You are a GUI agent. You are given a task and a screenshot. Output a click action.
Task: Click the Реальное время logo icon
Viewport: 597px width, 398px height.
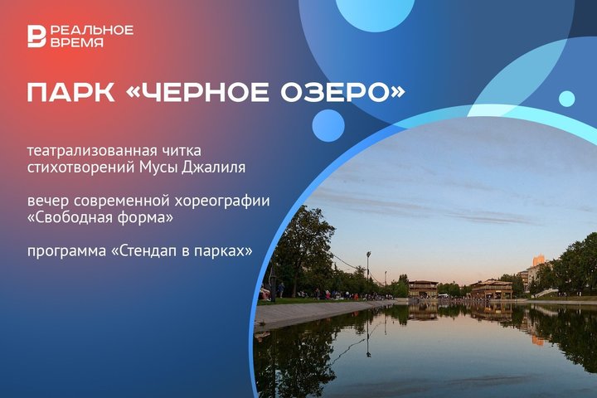pyautogui.click(x=37, y=36)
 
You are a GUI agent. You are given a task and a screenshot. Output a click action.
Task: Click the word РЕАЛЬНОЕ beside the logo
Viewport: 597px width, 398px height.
pyautogui.click(x=92, y=30)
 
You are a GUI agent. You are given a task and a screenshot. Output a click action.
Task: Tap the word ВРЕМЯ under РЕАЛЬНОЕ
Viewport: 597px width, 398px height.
pyautogui.click(x=77, y=42)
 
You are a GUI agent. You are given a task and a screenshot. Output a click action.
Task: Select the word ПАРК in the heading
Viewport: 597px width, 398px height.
pyautogui.click(x=70, y=92)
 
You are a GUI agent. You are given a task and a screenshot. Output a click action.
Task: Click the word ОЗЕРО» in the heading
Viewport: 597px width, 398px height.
pyautogui.click(x=342, y=92)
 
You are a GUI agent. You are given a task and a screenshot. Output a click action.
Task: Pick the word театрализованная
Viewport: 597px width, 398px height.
pyautogui.click(x=92, y=150)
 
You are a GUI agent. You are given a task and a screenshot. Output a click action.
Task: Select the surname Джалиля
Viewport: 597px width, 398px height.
pyautogui.click(x=213, y=167)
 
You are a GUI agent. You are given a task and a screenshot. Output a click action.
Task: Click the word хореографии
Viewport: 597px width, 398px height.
pyautogui.click(x=222, y=201)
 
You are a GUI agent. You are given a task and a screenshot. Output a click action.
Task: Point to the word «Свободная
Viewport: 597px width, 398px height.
pyautogui.click(x=68, y=218)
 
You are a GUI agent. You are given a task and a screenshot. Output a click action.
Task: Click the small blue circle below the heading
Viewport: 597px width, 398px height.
pyautogui.click(x=328, y=126)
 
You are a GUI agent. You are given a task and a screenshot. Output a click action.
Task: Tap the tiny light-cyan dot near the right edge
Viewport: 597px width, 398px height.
pyautogui.click(x=567, y=99)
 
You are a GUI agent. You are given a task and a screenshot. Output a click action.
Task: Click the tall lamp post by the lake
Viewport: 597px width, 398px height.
pyautogui.click(x=368, y=274)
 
